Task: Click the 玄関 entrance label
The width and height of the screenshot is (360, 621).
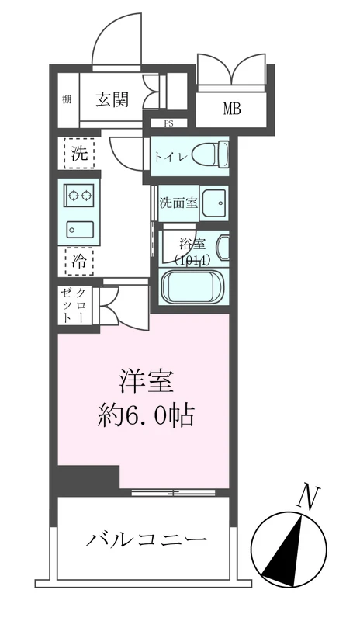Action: (x=112, y=99)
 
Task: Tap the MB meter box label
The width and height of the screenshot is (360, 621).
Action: (x=233, y=109)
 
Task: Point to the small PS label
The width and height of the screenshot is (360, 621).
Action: (x=168, y=123)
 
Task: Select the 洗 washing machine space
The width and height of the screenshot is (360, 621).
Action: (x=78, y=153)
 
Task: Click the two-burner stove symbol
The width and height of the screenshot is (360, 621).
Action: (x=78, y=198)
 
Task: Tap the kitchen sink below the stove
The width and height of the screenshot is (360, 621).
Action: (x=78, y=228)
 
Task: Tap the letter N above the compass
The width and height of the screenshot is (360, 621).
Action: (x=308, y=497)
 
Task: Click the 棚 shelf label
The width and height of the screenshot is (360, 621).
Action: (x=67, y=100)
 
